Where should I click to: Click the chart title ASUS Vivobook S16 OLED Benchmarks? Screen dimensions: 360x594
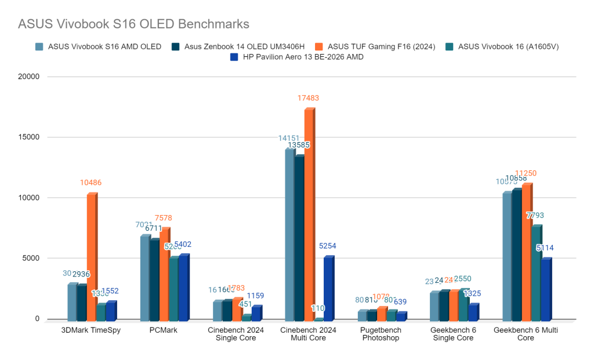(x=133, y=24)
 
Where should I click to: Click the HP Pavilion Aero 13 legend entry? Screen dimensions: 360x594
(x=295, y=57)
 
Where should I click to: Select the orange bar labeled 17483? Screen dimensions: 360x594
(x=310, y=214)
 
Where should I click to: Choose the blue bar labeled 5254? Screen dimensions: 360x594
(x=328, y=289)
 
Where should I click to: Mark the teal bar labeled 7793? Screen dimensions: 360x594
(x=537, y=273)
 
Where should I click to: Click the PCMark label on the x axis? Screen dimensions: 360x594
(x=164, y=330)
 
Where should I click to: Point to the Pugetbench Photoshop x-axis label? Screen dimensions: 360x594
(x=382, y=334)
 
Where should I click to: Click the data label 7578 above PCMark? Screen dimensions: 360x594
(x=164, y=218)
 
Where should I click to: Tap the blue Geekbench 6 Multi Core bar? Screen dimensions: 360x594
(x=546, y=289)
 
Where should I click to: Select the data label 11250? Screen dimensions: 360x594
(x=527, y=173)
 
